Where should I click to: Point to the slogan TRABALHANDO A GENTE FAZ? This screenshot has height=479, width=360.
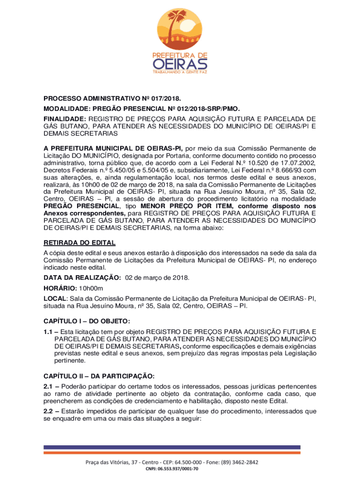point(180,73)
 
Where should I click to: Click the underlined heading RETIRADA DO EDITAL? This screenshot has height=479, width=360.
point(79,243)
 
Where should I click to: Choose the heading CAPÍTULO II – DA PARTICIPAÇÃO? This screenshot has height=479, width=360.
point(99,376)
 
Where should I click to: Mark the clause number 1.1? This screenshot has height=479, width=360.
point(48,332)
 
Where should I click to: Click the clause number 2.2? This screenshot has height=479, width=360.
point(49,412)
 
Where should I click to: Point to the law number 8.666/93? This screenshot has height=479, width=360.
point(287,170)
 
